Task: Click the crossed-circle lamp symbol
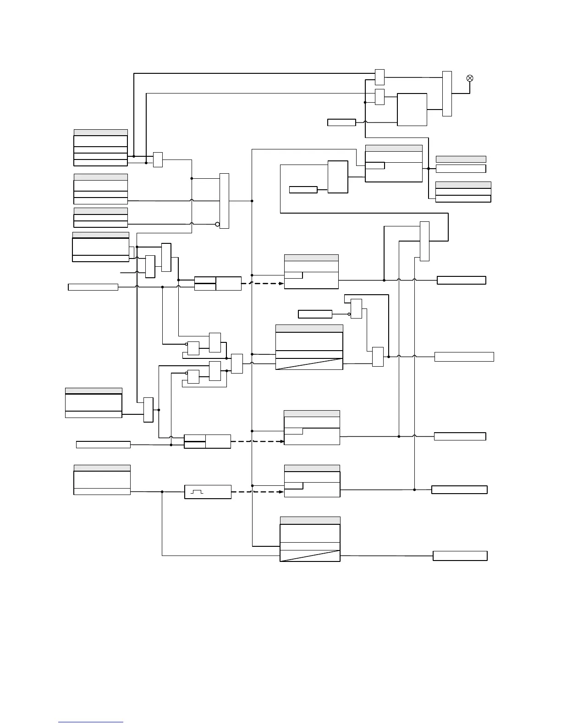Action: [x=469, y=78]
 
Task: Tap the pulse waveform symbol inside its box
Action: [x=197, y=492]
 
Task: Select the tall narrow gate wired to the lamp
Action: [x=447, y=93]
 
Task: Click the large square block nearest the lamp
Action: [x=412, y=110]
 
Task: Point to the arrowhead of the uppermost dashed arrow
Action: [x=280, y=283]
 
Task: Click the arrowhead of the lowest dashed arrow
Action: [x=280, y=492]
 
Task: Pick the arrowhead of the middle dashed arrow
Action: [x=280, y=441]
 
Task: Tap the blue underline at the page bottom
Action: [x=91, y=722]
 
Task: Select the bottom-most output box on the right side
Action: [x=460, y=556]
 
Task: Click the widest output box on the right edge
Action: [x=464, y=357]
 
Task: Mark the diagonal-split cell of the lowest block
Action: [x=310, y=555]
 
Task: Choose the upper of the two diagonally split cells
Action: [x=309, y=364]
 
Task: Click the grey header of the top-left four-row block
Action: [x=100, y=132]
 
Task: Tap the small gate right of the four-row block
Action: [x=158, y=159]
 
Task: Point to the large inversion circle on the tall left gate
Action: [x=218, y=224]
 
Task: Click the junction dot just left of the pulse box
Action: [x=162, y=492]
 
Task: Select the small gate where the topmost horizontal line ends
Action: [x=379, y=77]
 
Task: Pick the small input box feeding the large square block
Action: [x=341, y=122]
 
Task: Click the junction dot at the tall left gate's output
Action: [x=252, y=201]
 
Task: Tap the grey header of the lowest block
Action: [x=310, y=520]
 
